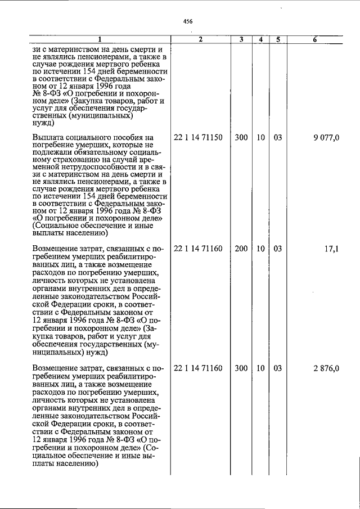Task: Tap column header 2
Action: click(x=200, y=40)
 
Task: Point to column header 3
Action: click(x=241, y=40)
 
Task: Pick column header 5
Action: click(x=278, y=40)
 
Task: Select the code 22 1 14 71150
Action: click(x=199, y=138)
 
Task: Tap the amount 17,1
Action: click(x=332, y=247)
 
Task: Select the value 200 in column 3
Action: click(x=241, y=247)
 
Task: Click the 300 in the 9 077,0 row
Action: click(x=241, y=138)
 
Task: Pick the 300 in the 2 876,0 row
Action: click(x=241, y=369)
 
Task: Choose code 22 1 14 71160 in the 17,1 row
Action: click(x=199, y=247)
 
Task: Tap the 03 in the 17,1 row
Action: click(x=278, y=247)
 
